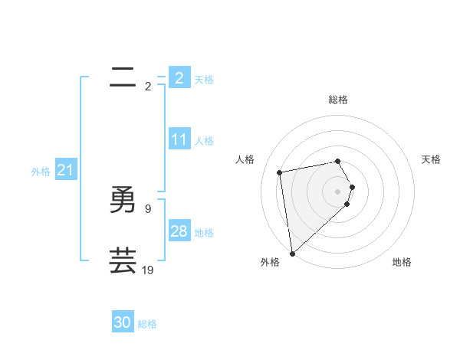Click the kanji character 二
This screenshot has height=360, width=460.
(x=123, y=77)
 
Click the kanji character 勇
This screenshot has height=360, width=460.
(x=123, y=200)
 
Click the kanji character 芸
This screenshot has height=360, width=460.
(x=123, y=260)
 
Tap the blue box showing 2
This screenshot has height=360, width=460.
(x=179, y=77)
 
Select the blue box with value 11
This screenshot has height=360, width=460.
(x=179, y=139)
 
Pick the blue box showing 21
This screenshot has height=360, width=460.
(x=64, y=170)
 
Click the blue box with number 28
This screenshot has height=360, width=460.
(x=179, y=231)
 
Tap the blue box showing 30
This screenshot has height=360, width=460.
(x=123, y=322)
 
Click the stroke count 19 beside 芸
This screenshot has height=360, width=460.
(x=147, y=270)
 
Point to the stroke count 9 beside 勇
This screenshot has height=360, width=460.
(x=147, y=208)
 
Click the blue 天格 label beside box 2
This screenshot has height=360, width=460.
(x=204, y=79)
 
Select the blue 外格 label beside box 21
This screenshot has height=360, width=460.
(x=41, y=172)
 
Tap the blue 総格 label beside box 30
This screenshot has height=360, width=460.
(x=147, y=324)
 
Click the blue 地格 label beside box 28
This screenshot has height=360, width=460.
(x=204, y=233)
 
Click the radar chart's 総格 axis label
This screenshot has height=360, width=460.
(x=338, y=100)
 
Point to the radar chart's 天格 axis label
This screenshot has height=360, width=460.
(x=431, y=159)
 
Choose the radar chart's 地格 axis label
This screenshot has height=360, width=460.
(x=402, y=262)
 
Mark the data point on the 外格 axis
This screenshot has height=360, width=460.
(x=292, y=254)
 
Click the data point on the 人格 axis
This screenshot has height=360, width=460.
(x=280, y=172)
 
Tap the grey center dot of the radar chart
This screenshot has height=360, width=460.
(x=338, y=191)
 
